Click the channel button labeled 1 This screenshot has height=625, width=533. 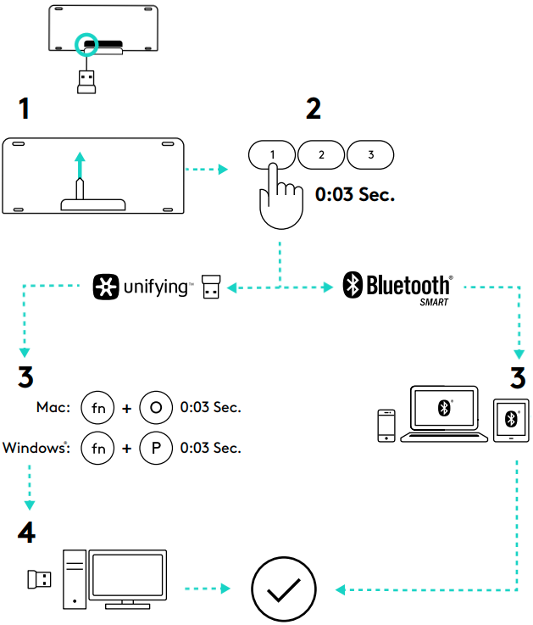click(x=272, y=154)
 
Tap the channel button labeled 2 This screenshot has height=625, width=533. click(x=321, y=154)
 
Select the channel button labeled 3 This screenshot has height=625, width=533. click(x=370, y=154)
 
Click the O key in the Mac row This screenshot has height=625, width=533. click(x=154, y=408)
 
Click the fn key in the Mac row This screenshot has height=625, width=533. click(x=97, y=408)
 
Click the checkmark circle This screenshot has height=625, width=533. click(x=283, y=589)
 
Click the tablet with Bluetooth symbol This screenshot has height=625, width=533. click(x=510, y=420)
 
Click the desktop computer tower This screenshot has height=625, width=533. click(x=75, y=580)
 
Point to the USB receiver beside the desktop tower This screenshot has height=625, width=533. click(x=38, y=579)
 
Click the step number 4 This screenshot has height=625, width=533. click(x=27, y=533)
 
